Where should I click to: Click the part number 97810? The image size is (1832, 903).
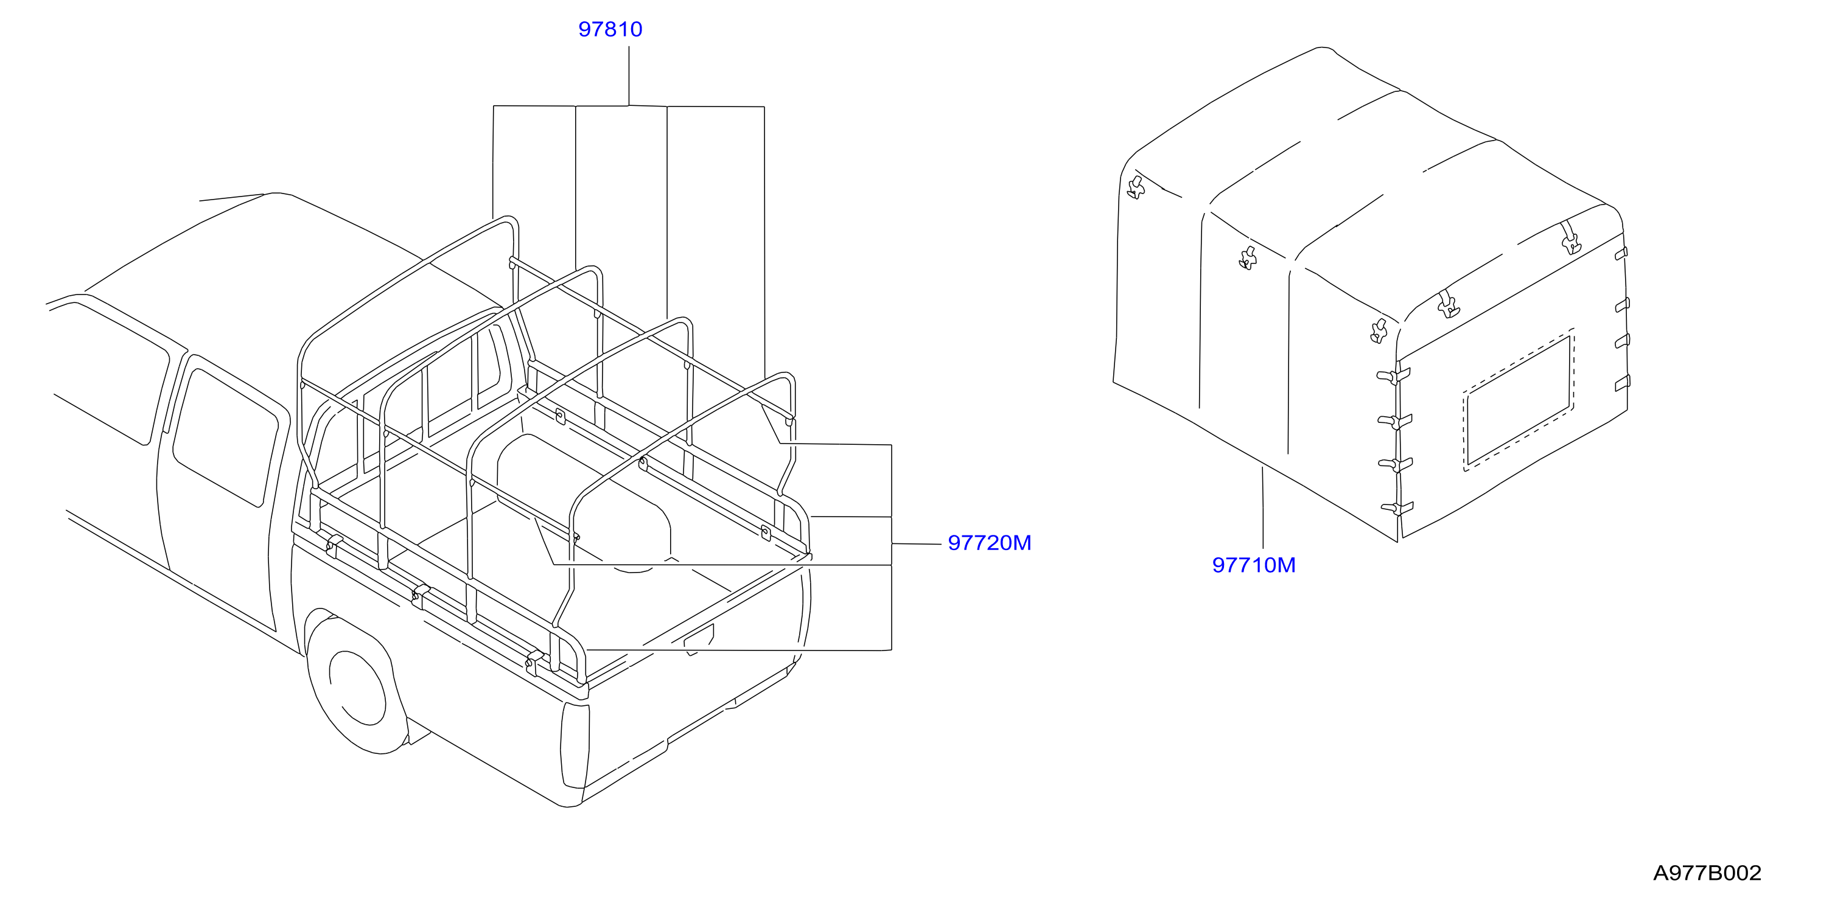[x=610, y=29]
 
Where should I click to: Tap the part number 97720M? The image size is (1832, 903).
[x=989, y=543]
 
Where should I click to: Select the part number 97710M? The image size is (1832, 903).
[x=1254, y=565]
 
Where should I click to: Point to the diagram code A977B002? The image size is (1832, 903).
[x=1707, y=873]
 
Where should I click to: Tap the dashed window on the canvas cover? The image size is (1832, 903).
[x=1519, y=400]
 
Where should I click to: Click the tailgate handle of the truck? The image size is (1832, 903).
[x=698, y=639]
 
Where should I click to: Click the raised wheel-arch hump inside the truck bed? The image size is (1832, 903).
[x=583, y=498]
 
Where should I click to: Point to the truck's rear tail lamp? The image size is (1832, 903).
[x=575, y=745]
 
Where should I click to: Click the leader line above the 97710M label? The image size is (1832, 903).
[x=1262, y=507]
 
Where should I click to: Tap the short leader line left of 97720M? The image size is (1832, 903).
[x=917, y=544]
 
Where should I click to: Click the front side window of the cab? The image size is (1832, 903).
[x=107, y=373]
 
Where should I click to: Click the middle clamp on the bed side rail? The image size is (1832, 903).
[x=421, y=596]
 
